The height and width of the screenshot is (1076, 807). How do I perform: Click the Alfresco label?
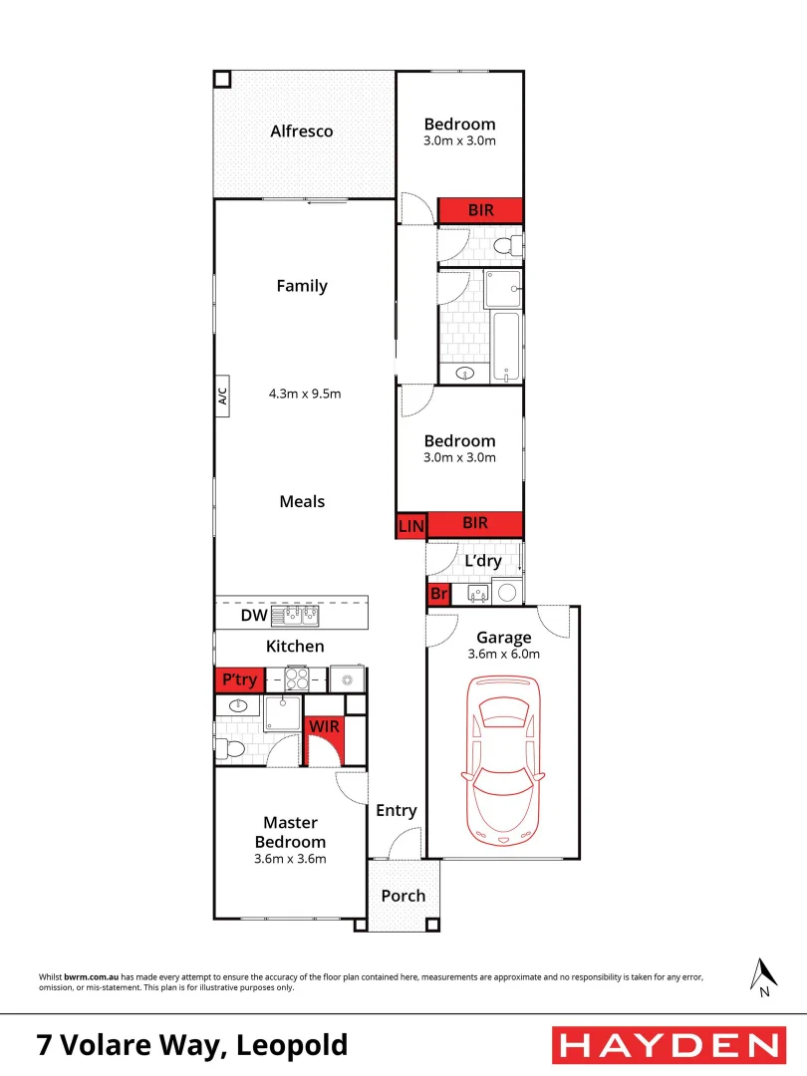click(x=302, y=132)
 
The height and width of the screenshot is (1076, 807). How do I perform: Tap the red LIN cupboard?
click(x=409, y=525)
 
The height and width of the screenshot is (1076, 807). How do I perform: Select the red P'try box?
click(x=239, y=680)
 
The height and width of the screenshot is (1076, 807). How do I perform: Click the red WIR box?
click(x=324, y=727)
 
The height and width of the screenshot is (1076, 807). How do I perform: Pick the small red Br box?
click(x=438, y=595)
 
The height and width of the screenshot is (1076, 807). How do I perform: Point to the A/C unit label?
click(x=222, y=396)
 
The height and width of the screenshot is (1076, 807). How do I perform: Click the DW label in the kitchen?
click(x=253, y=617)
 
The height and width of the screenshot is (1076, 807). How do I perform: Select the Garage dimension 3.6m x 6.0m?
click(x=503, y=655)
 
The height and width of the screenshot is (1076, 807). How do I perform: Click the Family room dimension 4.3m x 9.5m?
click(x=305, y=394)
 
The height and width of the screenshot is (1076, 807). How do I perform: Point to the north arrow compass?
click(x=763, y=976)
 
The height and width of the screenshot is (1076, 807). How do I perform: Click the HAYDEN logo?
click(x=668, y=1045)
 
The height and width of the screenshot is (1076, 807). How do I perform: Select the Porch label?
click(x=403, y=896)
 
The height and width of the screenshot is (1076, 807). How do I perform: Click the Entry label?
click(x=396, y=811)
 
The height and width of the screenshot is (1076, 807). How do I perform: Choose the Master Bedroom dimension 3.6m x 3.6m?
click(x=291, y=858)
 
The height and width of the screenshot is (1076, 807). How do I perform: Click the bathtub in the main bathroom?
click(x=507, y=348)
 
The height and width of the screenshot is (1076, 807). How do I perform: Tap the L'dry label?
click(x=483, y=561)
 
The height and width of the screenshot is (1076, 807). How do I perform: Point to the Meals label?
click(x=302, y=501)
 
